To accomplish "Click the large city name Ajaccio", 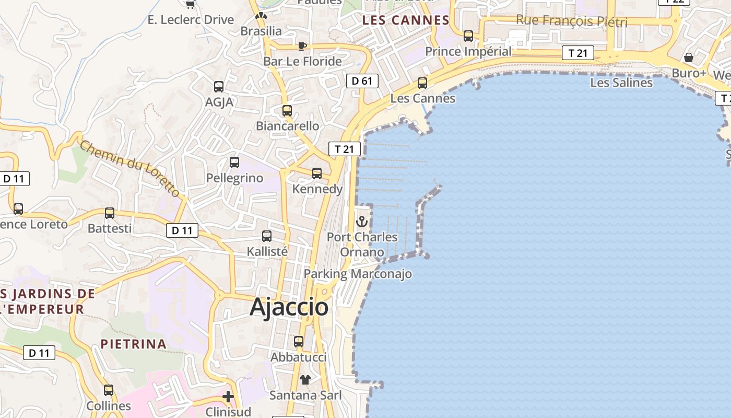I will [x=289, y=307].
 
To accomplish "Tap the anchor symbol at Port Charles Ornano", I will [x=362, y=222].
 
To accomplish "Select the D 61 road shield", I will [x=362, y=81].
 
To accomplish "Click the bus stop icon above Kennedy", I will [x=317, y=173].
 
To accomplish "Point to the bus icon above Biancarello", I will [x=287, y=111].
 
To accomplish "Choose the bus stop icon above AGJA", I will [x=219, y=87].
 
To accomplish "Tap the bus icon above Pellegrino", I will [x=234, y=162].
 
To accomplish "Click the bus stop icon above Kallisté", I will [x=267, y=236].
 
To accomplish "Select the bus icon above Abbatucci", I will [x=299, y=342].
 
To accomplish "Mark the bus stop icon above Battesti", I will [x=110, y=213].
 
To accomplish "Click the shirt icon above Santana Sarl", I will [x=305, y=380].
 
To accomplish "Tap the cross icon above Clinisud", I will [x=228, y=397].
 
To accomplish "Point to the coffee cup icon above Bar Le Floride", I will [x=302, y=46].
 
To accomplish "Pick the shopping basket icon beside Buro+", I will [x=689, y=57].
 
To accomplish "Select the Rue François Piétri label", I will [x=571, y=21].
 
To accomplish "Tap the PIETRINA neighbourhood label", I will [x=134, y=344].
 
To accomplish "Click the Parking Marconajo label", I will [x=358, y=274].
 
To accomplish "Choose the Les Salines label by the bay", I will [x=621, y=83].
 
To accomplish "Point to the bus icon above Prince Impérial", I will [x=468, y=36].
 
